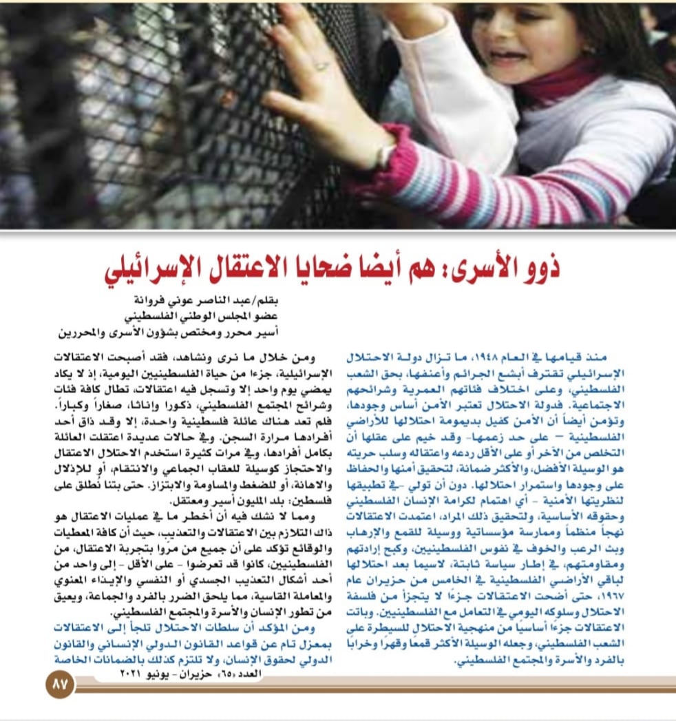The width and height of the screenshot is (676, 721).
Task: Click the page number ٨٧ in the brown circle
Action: tap(59, 686)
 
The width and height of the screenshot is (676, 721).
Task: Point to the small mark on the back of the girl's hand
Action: tap(321, 66)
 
